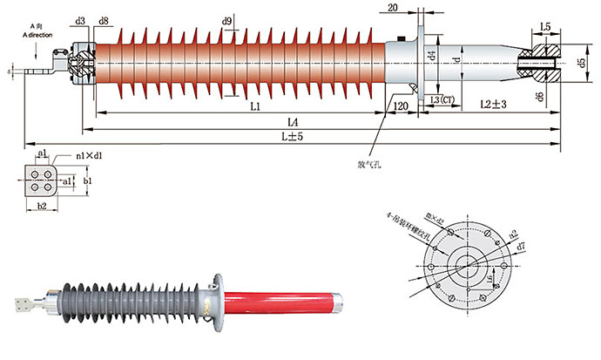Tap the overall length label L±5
point(291,136)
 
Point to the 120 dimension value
point(402,106)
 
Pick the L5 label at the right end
point(545,28)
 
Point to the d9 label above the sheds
point(227,19)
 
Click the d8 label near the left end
point(105,20)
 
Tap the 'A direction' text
point(41,34)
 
